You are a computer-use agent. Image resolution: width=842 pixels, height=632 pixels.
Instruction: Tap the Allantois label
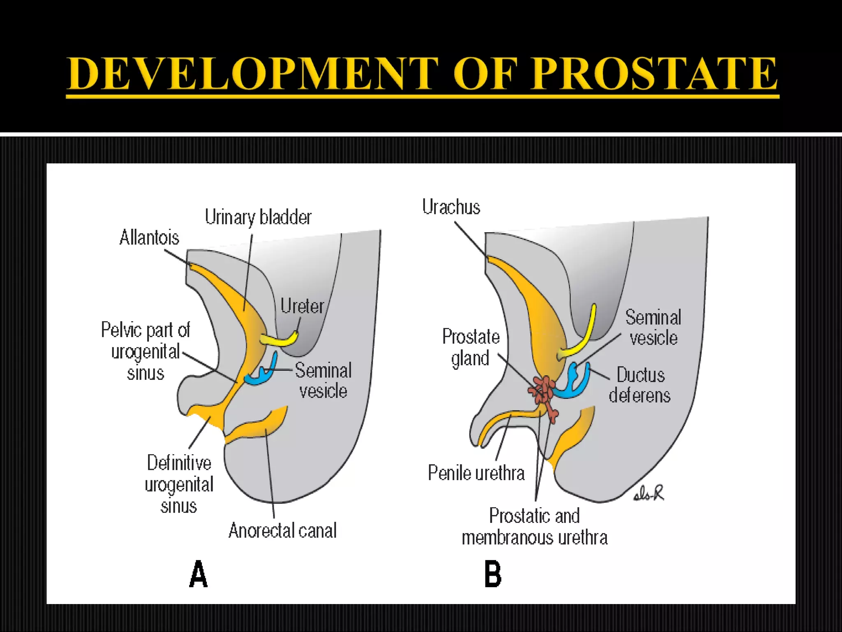149,238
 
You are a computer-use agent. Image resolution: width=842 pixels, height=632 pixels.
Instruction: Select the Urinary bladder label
258,217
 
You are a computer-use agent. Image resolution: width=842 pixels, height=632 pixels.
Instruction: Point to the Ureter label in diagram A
302,306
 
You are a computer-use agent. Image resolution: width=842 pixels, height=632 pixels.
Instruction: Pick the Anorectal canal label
282,530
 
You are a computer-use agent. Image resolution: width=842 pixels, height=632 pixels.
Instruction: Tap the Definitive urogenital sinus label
179,484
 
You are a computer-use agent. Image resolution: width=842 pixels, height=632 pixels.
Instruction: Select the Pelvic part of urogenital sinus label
146,351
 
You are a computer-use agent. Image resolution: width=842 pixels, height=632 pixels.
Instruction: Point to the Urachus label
451,207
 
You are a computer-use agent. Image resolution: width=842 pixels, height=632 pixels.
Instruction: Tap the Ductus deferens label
640,385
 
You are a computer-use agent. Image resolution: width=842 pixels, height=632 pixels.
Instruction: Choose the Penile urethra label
476,473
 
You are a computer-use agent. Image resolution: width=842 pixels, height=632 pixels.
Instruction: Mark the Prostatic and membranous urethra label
534,527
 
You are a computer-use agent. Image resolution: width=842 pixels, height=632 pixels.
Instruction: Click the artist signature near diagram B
649,493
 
